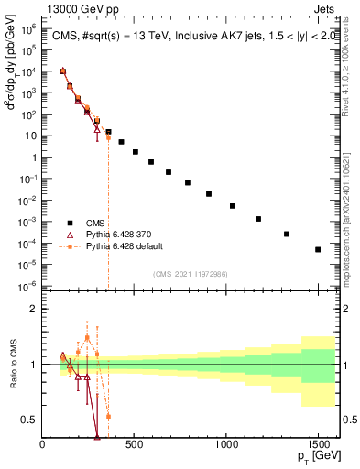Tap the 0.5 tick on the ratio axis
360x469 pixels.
tap(30, 420)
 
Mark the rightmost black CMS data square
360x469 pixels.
tap(318, 249)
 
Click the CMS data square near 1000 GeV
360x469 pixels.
tap(233, 206)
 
